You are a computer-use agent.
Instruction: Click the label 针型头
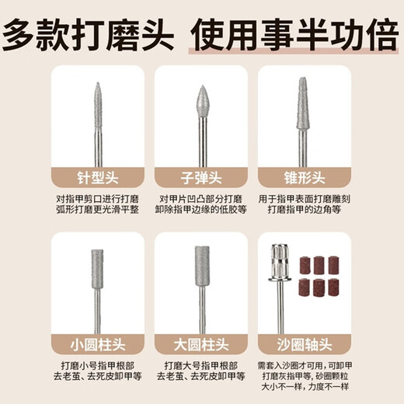click(x=98, y=176)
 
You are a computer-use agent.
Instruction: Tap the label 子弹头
click(x=202, y=176)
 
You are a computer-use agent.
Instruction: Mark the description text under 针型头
click(x=98, y=204)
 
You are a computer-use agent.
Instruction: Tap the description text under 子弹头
click(x=202, y=204)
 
